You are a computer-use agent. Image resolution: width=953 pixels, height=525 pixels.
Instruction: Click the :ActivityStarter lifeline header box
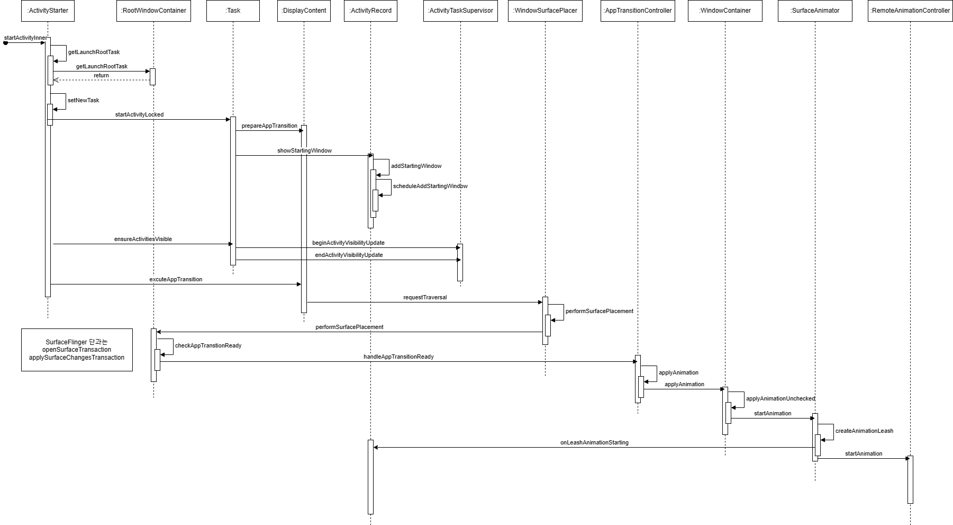[x=48, y=11]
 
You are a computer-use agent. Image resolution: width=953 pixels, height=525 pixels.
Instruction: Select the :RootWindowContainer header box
[x=153, y=11]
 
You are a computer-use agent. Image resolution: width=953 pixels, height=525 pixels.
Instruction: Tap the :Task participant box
[x=233, y=11]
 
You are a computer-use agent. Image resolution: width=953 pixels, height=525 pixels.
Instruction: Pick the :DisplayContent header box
[x=304, y=11]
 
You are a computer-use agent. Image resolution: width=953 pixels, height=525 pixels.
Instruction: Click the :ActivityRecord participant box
[x=370, y=11]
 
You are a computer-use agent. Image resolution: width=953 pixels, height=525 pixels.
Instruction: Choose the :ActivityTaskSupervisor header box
[x=460, y=11]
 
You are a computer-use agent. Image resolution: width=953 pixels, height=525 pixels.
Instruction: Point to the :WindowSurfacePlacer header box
[x=545, y=11]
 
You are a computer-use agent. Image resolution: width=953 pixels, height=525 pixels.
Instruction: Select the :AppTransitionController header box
[x=638, y=11]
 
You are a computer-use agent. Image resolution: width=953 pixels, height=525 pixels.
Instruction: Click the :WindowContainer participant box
[x=725, y=11]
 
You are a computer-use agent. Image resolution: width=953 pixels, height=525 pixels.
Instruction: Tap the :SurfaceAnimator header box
[x=815, y=11]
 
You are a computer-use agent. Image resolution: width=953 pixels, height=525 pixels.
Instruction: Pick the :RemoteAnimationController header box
[x=910, y=11]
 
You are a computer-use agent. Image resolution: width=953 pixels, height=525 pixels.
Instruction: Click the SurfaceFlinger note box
[x=77, y=350]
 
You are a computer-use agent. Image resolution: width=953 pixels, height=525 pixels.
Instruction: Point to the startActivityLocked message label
[x=139, y=114]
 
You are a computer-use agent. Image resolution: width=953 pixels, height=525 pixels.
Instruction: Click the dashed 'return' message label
[x=101, y=76]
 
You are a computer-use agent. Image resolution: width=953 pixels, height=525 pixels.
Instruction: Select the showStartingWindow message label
[x=304, y=151]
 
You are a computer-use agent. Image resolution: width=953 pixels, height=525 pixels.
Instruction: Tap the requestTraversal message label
[x=425, y=298]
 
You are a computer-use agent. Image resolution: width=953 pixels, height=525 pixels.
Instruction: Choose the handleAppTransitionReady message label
[x=398, y=357]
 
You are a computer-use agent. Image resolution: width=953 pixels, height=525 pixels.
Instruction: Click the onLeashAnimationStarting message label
[x=594, y=443]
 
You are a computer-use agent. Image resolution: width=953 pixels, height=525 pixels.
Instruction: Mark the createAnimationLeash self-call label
[x=864, y=431]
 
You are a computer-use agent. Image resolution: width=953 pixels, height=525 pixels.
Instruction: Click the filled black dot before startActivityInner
[x=6, y=43]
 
